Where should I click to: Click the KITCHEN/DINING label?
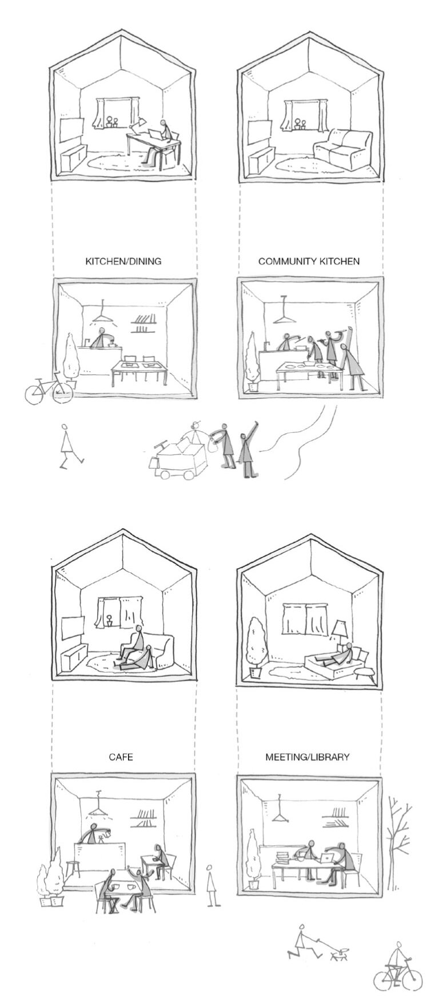[x=123, y=262]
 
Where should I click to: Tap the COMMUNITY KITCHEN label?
[x=309, y=262]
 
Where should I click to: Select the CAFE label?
[x=121, y=757]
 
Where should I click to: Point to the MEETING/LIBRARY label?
[x=307, y=757]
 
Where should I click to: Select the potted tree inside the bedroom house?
[x=255, y=648]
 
